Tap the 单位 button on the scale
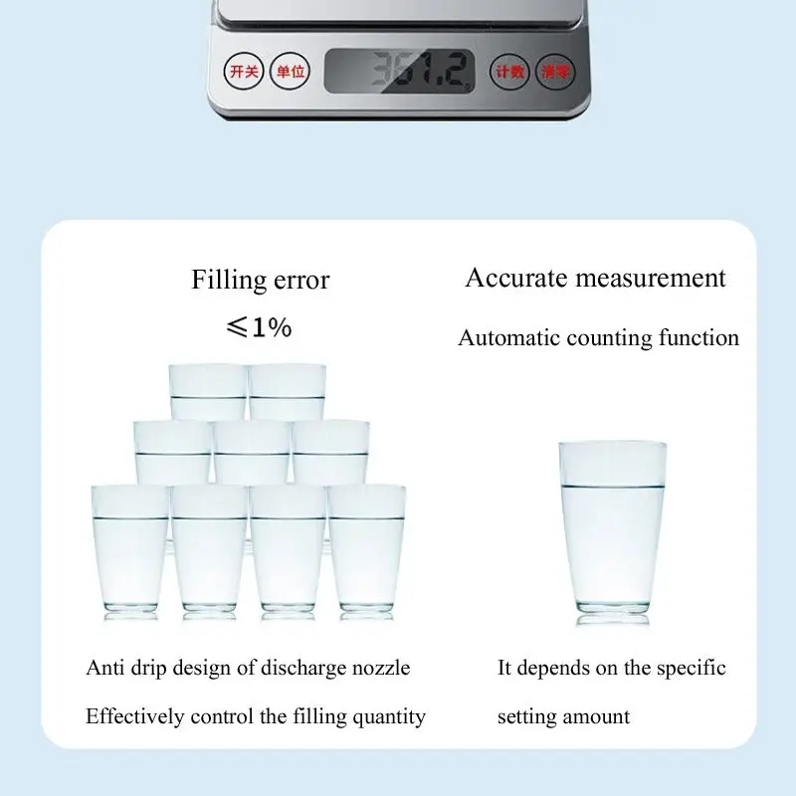point(292,72)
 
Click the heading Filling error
point(260,281)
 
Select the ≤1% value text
point(259,327)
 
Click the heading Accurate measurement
point(595,278)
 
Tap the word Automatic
point(509,338)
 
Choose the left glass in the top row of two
point(207,390)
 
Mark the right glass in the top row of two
point(289,390)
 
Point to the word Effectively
point(133,716)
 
